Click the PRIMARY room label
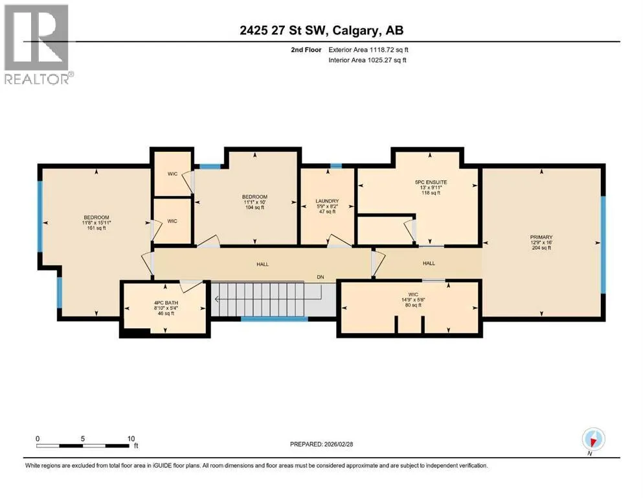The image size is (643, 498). pos(541,237)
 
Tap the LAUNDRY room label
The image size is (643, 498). pos(327,201)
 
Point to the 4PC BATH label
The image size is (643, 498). pos(166,303)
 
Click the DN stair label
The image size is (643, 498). pos(321,277)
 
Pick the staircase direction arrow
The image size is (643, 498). pos(259,300)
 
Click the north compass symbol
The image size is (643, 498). pos(593,439)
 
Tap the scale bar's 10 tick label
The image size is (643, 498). pos(131,438)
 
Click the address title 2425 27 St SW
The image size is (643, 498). pos(283,30)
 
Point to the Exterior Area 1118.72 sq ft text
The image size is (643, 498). pos(368,50)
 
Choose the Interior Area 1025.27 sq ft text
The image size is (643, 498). pos(367,60)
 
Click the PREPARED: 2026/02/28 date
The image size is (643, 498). pos(321,444)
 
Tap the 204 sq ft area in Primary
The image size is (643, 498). pos(541,248)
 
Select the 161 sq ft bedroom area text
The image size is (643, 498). pos(96,228)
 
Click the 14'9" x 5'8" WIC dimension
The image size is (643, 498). pos(413,300)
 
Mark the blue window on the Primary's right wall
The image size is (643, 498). pos(604,245)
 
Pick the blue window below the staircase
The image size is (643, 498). pos(275,318)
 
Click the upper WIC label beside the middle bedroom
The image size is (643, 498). pos(173,174)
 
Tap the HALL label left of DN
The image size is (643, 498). pos(262,264)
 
